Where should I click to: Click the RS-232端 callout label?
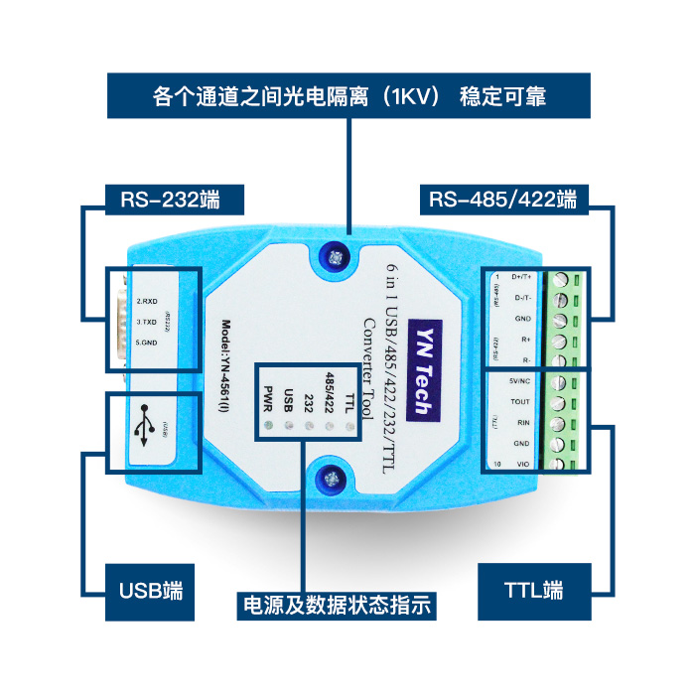tap(169, 199)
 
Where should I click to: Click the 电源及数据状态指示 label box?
tap(337, 605)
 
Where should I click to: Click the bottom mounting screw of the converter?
tap(329, 482)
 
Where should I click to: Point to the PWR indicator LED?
tap(266, 428)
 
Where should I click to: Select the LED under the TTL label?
tap(349, 428)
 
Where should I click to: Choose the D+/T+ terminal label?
tap(520, 277)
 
